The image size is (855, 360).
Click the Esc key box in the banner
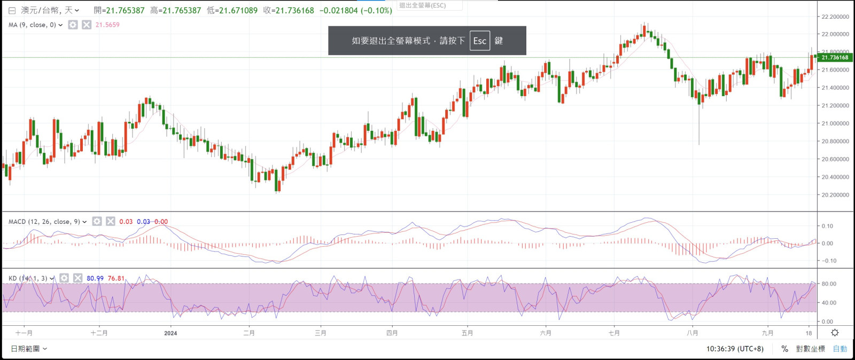coord(479,41)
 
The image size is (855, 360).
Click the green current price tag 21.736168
coord(834,57)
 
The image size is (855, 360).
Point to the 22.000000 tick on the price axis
coord(835,34)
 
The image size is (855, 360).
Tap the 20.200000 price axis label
coord(835,195)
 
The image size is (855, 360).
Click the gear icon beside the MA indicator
coord(73,25)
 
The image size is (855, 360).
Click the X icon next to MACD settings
coord(110,221)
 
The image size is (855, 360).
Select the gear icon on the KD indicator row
coord(64,278)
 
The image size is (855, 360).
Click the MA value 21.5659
coord(107,25)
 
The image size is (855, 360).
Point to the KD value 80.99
coord(95,278)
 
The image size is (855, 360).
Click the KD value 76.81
coord(116,278)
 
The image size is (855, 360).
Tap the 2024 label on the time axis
coord(170,333)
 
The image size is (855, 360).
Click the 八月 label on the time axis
coord(692,333)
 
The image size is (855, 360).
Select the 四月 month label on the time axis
coord(392,333)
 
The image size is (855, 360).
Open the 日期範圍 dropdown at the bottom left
coord(29,349)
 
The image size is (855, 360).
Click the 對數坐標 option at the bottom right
coord(810,349)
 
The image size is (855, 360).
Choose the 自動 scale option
coord(840,349)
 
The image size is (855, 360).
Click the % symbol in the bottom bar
coord(784,349)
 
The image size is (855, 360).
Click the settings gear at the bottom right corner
coord(835,333)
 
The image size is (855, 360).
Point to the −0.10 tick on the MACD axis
coord(827,261)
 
